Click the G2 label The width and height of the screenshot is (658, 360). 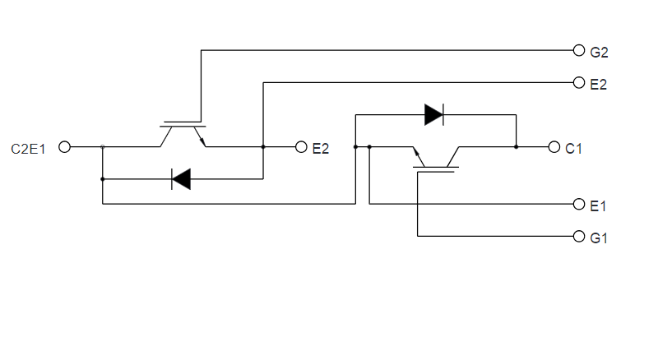point(599,51)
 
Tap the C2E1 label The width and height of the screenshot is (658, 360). point(29,148)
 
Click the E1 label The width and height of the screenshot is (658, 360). point(599,205)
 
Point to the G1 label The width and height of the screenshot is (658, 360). point(599,238)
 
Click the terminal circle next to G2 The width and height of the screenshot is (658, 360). point(578,50)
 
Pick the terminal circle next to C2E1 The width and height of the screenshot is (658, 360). point(65,147)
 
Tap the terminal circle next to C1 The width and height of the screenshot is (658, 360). point(554,147)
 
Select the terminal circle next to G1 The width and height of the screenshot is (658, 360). point(578,237)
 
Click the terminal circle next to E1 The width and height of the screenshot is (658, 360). point(578,204)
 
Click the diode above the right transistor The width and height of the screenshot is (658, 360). point(433,114)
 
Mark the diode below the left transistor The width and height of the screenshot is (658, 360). point(181,178)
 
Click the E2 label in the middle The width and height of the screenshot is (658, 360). point(321,148)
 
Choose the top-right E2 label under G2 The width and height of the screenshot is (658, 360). point(599,84)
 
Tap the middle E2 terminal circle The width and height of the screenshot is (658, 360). point(300,147)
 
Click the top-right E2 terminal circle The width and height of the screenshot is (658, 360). point(578,83)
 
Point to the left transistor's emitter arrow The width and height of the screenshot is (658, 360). point(202,141)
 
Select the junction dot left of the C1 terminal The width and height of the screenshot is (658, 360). point(516,147)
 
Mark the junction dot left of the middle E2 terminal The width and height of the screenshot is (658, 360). point(262,147)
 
